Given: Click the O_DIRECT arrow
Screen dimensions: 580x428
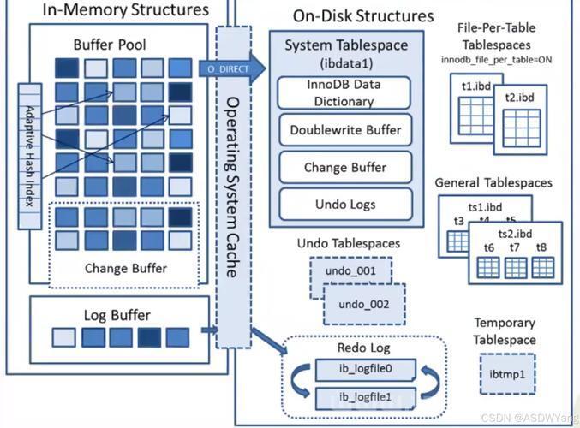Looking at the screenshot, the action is [x=231, y=69].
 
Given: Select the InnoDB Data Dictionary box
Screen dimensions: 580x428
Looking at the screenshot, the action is [x=344, y=92].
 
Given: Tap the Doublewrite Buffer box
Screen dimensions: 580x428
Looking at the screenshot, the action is [x=345, y=130].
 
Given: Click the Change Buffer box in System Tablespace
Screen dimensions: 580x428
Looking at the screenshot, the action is [x=345, y=168].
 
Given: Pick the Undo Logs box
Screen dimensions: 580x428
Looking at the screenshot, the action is [x=345, y=205].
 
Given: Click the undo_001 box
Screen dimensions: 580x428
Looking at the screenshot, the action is [x=350, y=270].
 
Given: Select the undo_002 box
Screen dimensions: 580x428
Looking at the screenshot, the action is [x=364, y=304].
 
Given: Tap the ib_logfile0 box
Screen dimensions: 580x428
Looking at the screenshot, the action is [x=366, y=369].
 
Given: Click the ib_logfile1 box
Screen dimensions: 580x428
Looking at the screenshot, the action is [x=366, y=398].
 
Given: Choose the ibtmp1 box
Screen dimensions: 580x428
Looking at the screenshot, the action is [x=507, y=374].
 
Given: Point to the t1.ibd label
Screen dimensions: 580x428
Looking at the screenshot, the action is [x=476, y=86].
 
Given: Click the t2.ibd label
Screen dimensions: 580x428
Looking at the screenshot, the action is [x=520, y=98].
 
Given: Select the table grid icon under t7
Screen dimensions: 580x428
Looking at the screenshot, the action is [x=516, y=268].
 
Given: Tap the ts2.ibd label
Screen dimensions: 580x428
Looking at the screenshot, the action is [x=515, y=234].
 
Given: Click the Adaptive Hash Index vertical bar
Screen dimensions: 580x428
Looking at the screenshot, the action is [x=30, y=156].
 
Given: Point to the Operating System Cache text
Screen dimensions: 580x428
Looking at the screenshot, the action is [x=232, y=187].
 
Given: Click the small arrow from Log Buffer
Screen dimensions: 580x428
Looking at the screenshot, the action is [x=209, y=330].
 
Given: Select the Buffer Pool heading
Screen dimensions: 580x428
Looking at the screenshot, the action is [x=110, y=45].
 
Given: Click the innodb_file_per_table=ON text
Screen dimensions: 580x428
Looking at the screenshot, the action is [x=496, y=60].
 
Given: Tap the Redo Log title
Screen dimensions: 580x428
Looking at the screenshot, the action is [x=363, y=348].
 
